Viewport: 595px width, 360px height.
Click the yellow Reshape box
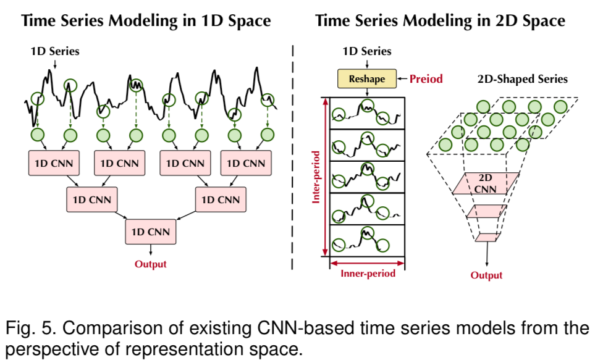click(x=367, y=79)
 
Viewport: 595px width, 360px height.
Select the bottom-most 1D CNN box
click(x=151, y=232)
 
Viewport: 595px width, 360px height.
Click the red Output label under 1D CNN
click(x=151, y=264)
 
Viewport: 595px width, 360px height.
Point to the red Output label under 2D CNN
click(x=486, y=275)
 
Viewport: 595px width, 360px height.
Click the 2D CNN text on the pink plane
click(x=485, y=183)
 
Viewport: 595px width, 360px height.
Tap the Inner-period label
click(x=368, y=274)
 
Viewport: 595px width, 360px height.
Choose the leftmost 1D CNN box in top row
click(x=51, y=164)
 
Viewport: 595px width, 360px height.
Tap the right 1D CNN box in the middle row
click(x=217, y=199)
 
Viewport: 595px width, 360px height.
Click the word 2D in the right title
click(x=500, y=20)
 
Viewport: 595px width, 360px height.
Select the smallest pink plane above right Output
click(x=486, y=237)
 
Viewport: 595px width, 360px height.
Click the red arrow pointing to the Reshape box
click(x=400, y=79)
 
